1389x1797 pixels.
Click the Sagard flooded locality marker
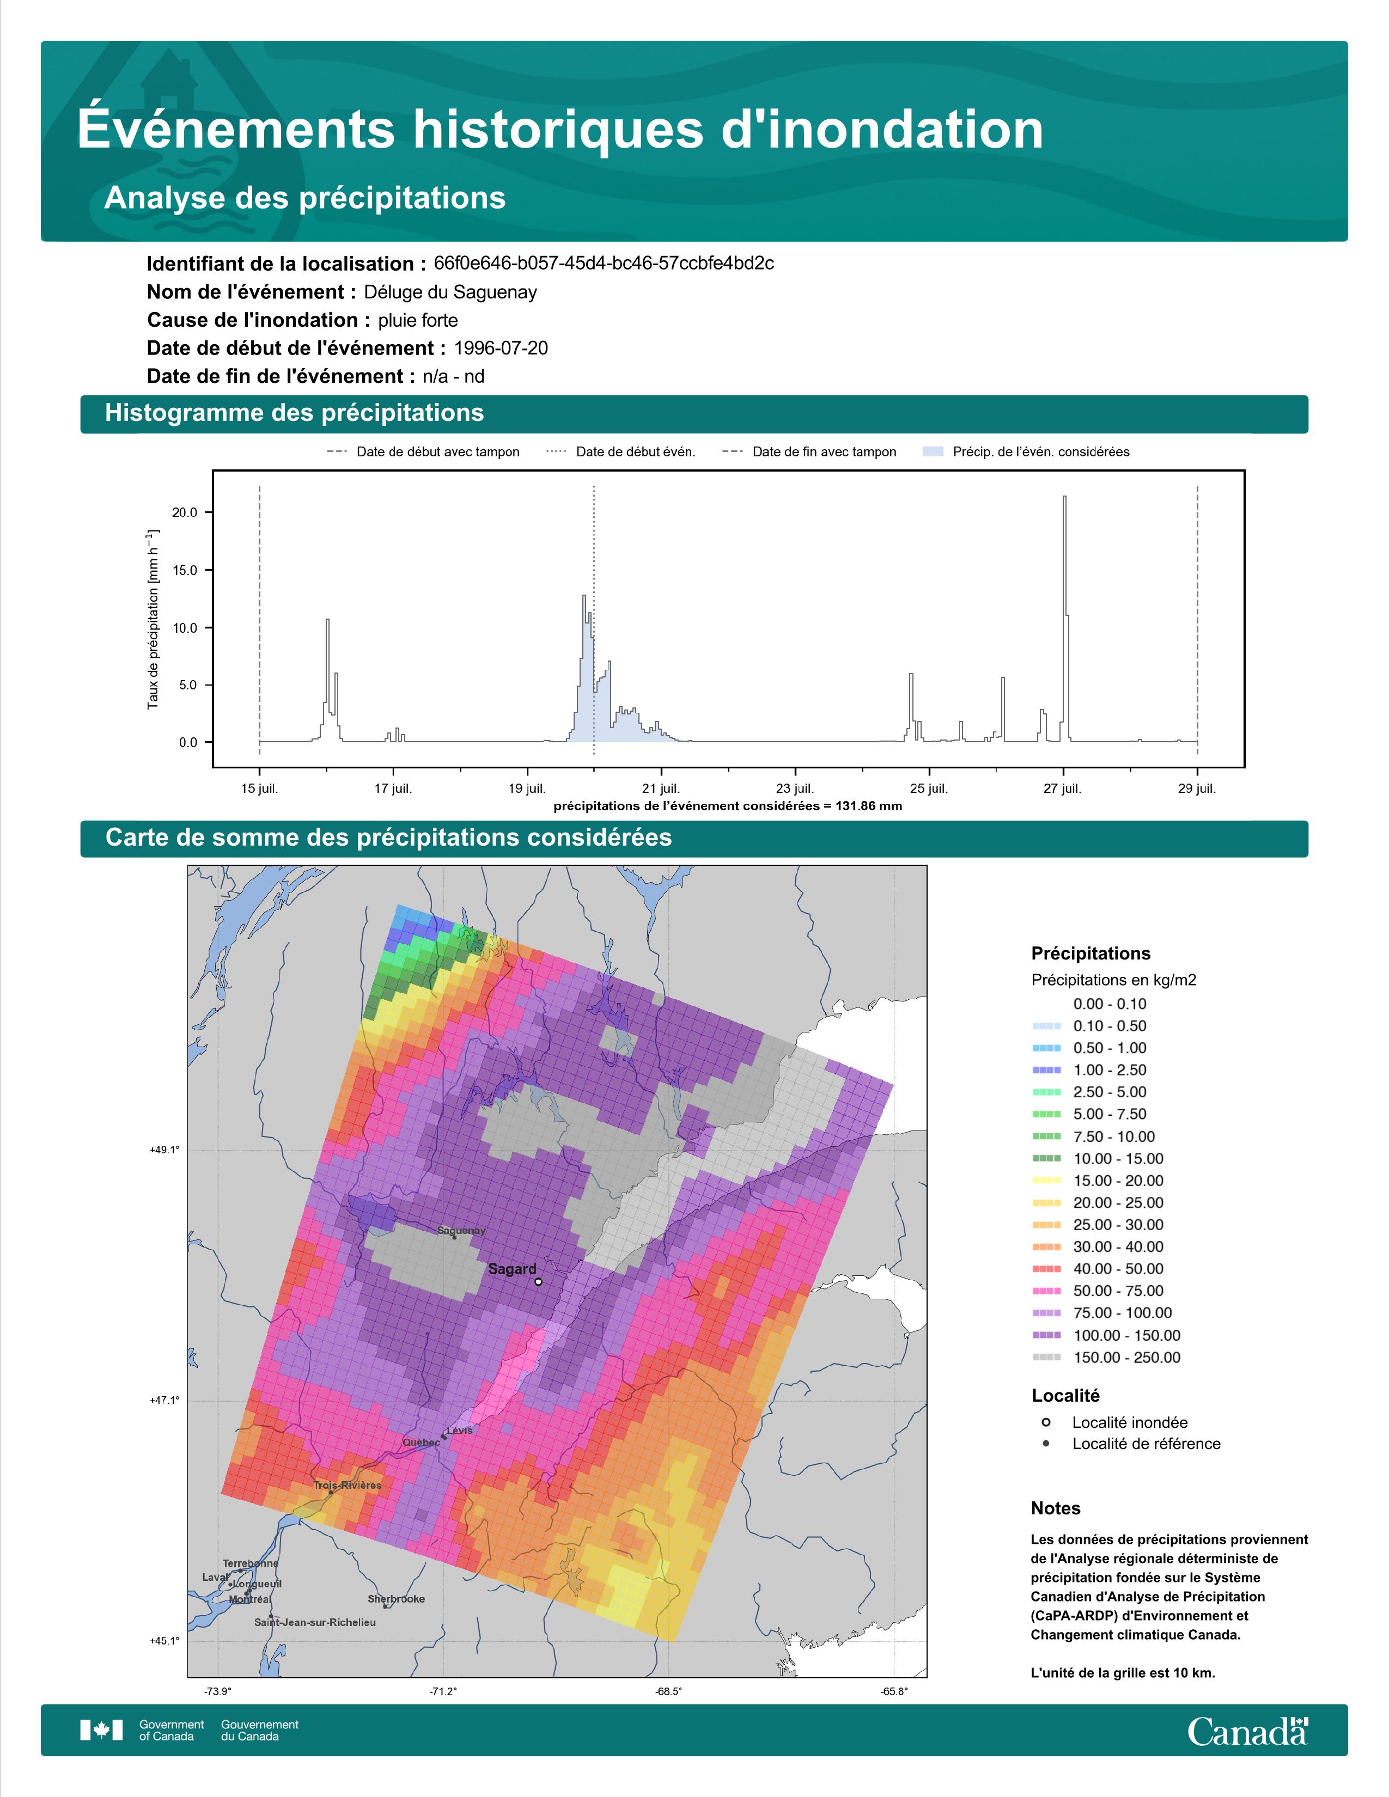[538, 1281]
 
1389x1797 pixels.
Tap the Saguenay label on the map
[461, 1231]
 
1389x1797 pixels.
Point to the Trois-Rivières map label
[348, 1485]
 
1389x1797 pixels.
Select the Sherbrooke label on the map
[397, 1599]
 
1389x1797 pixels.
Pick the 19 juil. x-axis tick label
[527, 789]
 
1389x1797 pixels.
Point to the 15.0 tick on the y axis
[184, 570]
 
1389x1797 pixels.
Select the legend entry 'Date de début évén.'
[635, 452]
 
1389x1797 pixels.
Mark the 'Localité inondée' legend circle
[1046, 1422]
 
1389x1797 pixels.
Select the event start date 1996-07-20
[500, 348]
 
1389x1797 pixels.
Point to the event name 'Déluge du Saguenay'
[450, 292]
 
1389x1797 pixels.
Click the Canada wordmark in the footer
[1247, 1731]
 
